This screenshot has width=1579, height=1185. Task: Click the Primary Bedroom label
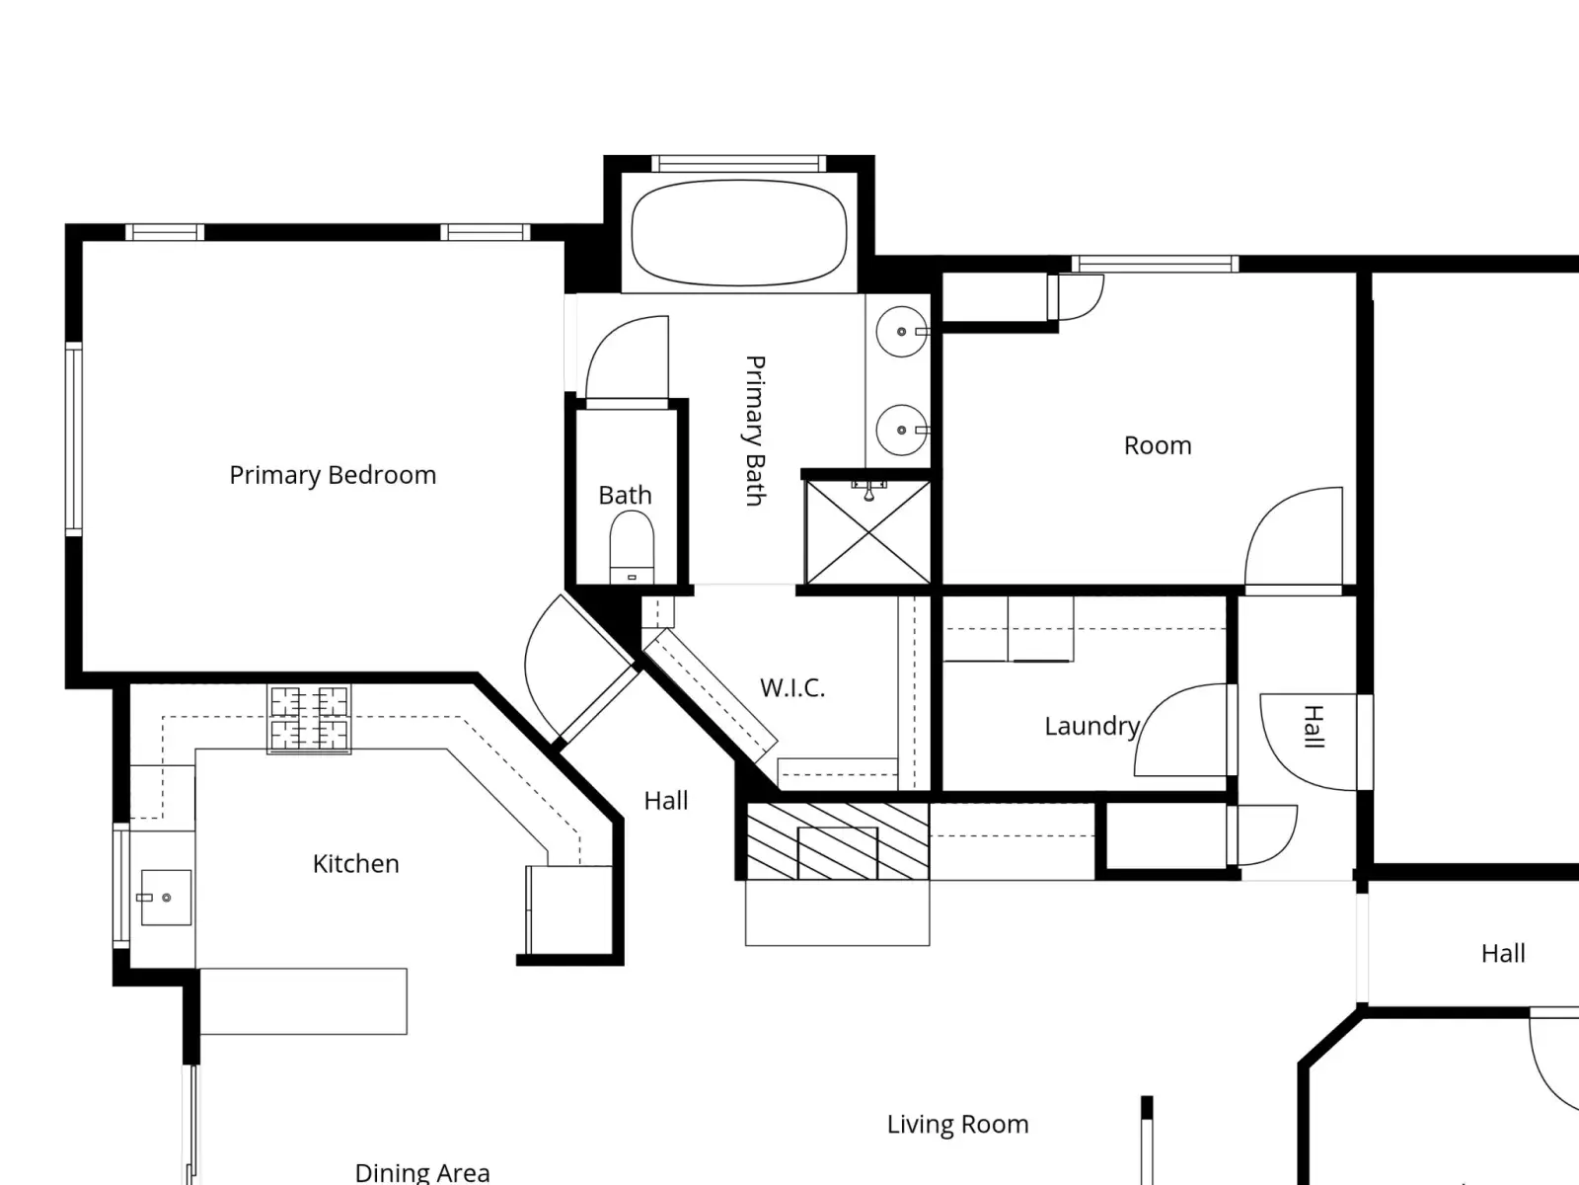333,476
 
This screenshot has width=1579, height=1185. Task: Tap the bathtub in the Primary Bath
739,232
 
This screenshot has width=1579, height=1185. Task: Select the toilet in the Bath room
632,547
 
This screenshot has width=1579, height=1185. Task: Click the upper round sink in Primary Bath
901,332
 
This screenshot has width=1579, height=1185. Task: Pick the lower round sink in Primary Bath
901,431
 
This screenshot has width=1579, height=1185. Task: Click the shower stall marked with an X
868,532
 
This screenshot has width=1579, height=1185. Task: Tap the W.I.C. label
792,688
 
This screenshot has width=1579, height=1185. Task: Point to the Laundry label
1092,727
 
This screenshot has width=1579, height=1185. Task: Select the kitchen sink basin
166,898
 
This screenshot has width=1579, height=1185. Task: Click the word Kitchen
355,863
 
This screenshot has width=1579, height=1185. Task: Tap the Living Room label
957,1124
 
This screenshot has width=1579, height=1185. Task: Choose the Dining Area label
422,1173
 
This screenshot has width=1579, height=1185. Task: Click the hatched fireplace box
838,841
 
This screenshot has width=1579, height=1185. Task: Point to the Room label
1158,445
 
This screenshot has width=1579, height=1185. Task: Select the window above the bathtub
739,164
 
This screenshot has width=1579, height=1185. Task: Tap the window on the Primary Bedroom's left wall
73,438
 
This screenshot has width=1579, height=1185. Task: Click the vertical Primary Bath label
754,431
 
